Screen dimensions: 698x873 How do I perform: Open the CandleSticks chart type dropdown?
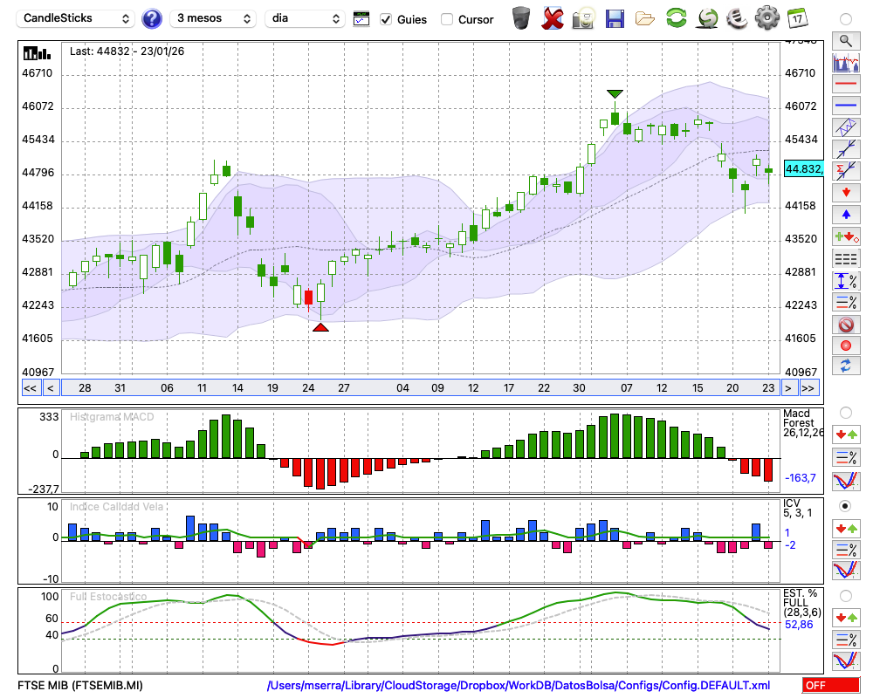pos(78,18)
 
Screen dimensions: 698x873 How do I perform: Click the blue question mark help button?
pos(152,18)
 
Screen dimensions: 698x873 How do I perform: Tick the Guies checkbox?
pos(386,19)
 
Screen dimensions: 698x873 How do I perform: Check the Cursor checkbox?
pos(447,19)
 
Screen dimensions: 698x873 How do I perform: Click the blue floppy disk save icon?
pos(615,17)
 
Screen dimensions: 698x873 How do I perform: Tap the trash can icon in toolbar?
pos(521,17)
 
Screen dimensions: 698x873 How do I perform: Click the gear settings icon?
pos(766,17)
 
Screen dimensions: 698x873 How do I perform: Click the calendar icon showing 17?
pos(796,17)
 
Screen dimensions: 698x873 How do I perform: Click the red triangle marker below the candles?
pos(320,327)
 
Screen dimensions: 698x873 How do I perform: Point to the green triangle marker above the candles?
pos(615,93)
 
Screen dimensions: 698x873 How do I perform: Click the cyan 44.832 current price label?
pos(803,168)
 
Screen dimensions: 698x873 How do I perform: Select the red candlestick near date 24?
pos(308,297)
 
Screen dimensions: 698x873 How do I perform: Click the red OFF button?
pos(830,686)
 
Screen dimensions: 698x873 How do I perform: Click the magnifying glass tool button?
pos(846,40)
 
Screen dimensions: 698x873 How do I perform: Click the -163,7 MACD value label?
pos(800,478)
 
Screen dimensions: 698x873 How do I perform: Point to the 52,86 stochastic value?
pos(798,625)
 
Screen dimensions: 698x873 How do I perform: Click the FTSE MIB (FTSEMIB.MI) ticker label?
pos(80,686)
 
